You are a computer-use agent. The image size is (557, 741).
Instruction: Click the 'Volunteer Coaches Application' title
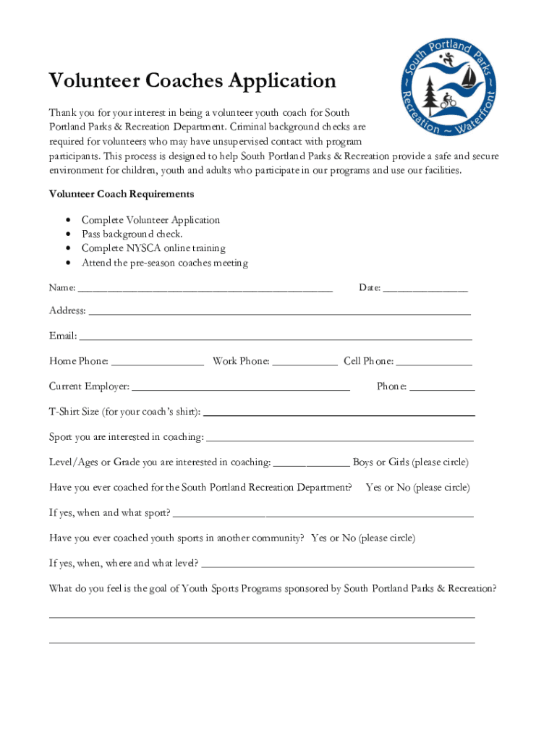pyautogui.click(x=192, y=81)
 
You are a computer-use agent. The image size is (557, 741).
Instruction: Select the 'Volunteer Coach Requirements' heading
pyautogui.click(x=121, y=194)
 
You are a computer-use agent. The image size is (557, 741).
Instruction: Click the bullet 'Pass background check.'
pyautogui.click(x=132, y=234)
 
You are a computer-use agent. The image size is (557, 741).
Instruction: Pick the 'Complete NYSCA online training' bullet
pyautogui.click(x=153, y=248)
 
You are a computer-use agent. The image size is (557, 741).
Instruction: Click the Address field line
pyautogui.click(x=279, y=312)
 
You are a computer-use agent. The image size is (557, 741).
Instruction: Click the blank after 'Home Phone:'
pyautogui.click(x=158, y=362)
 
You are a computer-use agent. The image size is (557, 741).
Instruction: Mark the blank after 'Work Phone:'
pyautogui.click(x=305, y=362)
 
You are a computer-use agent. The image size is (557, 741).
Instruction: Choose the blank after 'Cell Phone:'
pyautogui.click(x=434, y=362)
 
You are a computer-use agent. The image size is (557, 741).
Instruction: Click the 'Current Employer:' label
pyautogui.click(x=90, y=386)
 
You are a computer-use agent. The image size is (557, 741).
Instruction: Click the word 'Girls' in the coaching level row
pyautogui.click(x=399, y=462)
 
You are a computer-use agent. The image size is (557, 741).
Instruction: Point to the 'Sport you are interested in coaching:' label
pyautogui.click(x=127, y=437)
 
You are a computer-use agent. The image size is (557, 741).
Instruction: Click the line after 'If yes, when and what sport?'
pyautogui.click(x=323, y=515)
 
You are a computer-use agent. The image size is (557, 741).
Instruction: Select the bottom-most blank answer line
pyautogui.click(x=262, y=641)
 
